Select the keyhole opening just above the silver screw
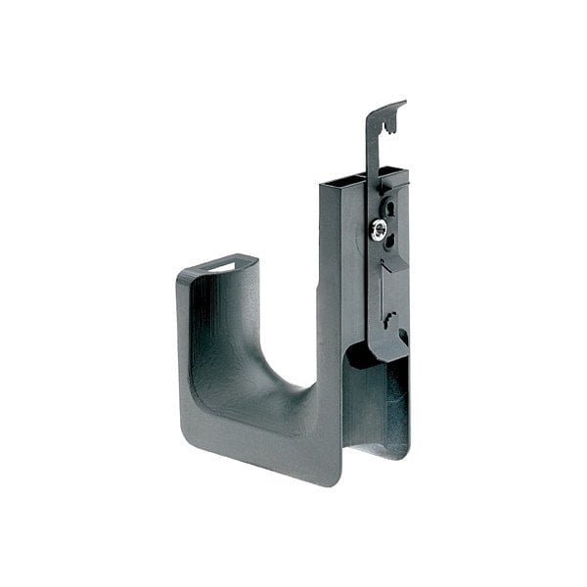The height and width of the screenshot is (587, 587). tap(388, 208)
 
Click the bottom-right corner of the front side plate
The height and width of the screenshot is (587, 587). tap(339, 480)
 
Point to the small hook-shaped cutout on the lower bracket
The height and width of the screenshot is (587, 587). tap(389, 317)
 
